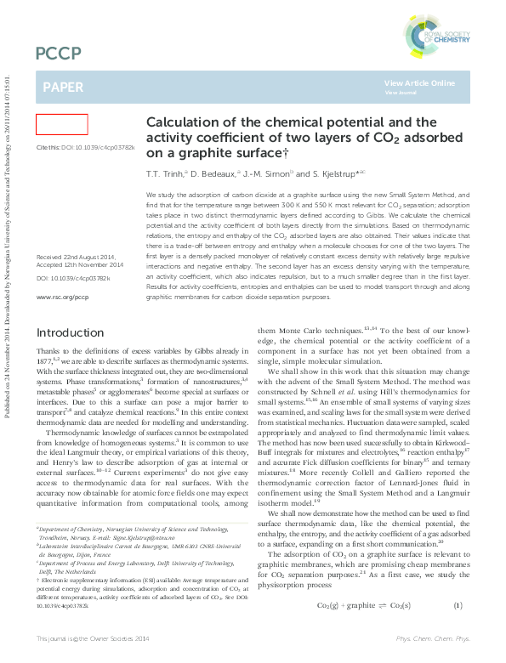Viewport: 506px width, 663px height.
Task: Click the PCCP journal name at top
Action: pos(59,54)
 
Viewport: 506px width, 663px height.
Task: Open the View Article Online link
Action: pos(419,83)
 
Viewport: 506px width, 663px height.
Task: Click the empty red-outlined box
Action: pos(61,124)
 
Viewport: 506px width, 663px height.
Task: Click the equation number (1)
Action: pos(458,629)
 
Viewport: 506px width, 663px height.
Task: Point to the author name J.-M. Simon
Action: pos(264,173)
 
